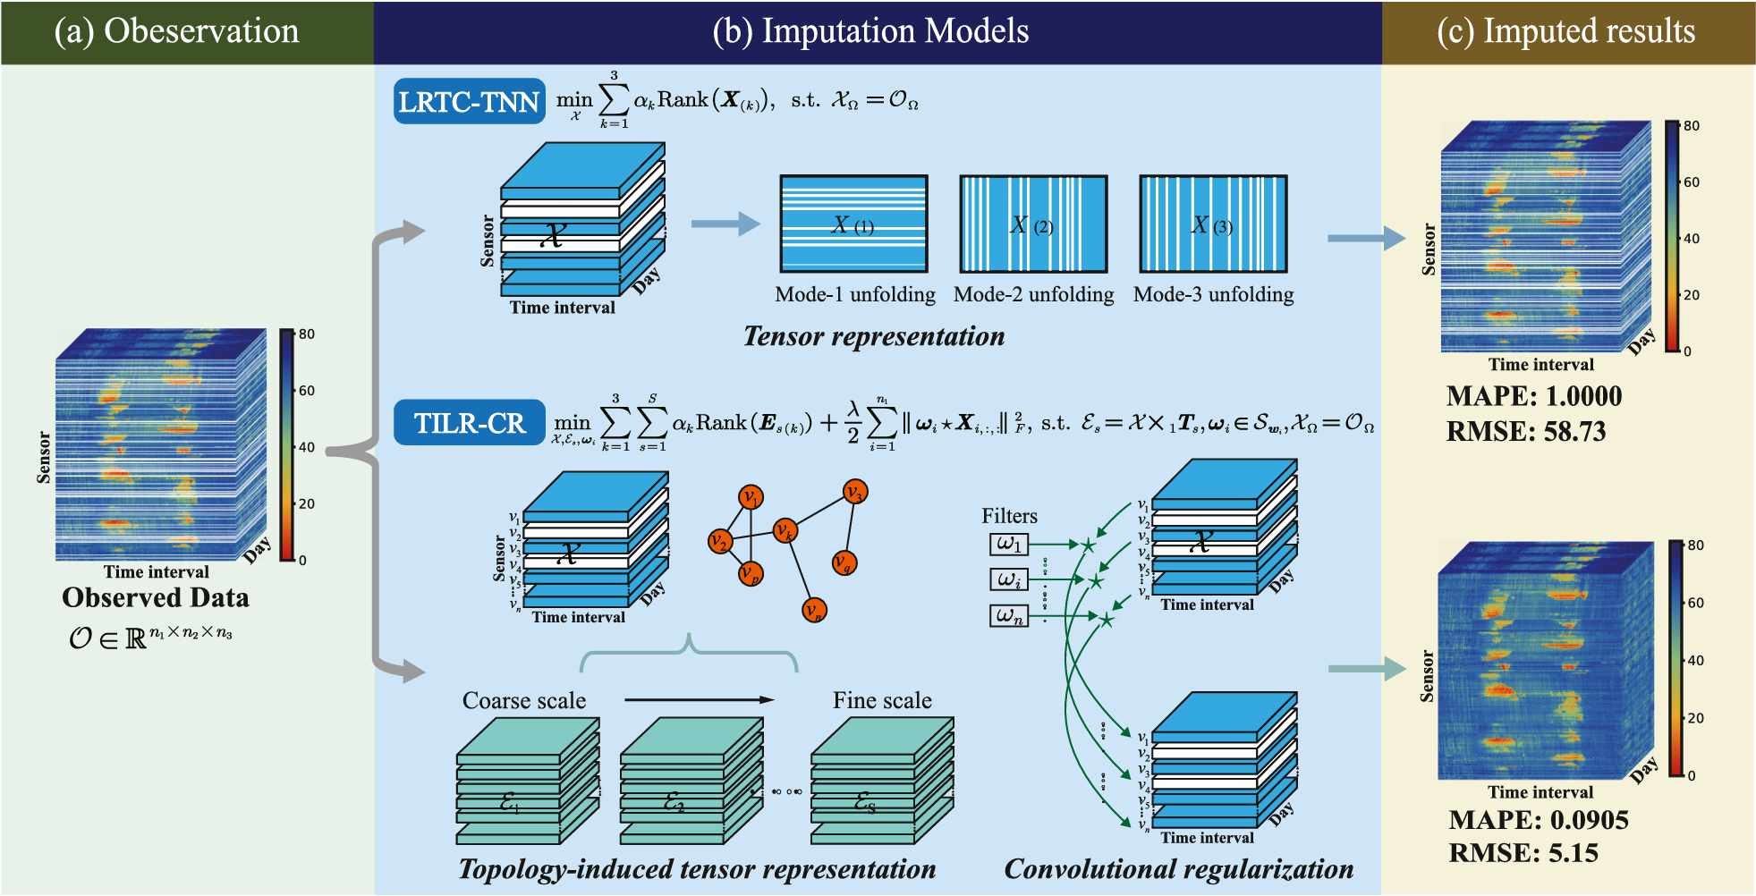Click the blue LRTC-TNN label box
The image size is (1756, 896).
click(x=469, y=102)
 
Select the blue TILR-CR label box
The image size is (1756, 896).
click(x=469, y=422)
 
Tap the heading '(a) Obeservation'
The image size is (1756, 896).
click(x=176, y=31)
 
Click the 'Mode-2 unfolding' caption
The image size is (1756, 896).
click(x=1033, y=294)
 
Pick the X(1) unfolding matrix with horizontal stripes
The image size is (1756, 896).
click(x=853, y=224)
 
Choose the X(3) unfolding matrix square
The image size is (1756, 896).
click(x=1213, y=224)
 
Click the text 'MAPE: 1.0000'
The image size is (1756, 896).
click(x=1533, y=396)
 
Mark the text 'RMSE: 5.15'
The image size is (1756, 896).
click(x=1523, y=853)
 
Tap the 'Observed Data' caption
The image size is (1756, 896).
click(x=156, y=597)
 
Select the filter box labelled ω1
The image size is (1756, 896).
click(x=1008, y=544)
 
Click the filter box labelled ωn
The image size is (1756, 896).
click(x=1008, y=615)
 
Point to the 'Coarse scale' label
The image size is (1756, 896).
click(x=524, y=700)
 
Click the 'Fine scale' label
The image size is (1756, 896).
click(x=882, y=700)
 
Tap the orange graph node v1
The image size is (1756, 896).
click(x=751, y=497)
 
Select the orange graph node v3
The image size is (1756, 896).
click(x=855, y=492)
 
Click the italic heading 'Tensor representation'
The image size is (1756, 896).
click(x=874, y=336)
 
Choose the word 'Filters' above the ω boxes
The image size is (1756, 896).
click(x=1009, y=516)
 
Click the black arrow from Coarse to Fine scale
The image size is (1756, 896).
click(x=698, y=699)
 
